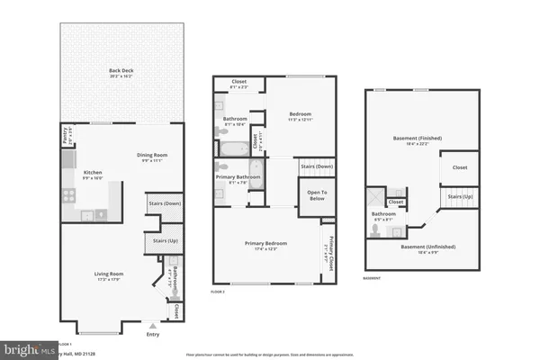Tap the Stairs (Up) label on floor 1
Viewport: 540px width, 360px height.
click(x=163, y=241)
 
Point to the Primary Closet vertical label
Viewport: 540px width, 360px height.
click(x=328, y=247)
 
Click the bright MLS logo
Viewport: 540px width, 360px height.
click(x=27, y=348)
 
